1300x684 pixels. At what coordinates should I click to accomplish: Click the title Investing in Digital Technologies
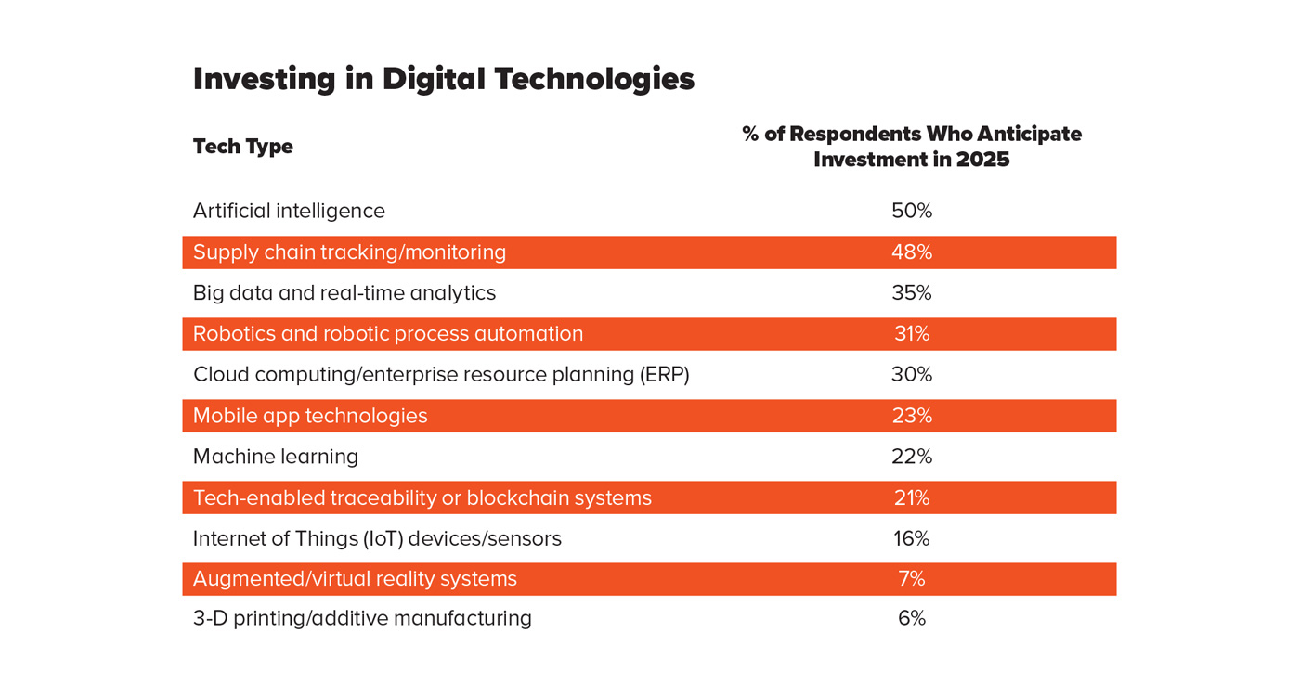[443, 79]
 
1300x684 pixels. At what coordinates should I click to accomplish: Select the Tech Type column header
[242, 147]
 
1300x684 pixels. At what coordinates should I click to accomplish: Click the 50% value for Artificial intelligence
[911, 212]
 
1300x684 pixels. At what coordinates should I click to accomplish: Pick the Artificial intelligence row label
[289, 212]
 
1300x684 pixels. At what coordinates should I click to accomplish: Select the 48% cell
[911, 252]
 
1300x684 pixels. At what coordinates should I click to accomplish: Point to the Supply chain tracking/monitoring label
[349, 252]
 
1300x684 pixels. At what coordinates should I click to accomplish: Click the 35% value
[911, 293]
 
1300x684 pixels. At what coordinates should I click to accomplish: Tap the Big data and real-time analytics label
[344, 293]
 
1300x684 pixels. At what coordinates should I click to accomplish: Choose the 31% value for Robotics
[911, 334]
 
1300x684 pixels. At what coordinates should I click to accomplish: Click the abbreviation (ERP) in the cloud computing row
[664, 375]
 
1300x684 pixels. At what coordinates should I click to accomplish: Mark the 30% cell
[911, 375]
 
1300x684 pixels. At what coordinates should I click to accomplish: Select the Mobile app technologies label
[310, 416]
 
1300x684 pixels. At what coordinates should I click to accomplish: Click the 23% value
[911, 416]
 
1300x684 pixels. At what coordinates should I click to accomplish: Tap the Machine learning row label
[276, 457]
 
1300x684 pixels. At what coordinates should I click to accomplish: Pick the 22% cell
[911, 457]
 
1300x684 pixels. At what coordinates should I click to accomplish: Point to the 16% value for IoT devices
[911, 539]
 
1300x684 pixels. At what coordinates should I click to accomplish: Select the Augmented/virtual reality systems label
[355, 579]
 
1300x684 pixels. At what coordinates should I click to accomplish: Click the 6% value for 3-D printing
[911, 619]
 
